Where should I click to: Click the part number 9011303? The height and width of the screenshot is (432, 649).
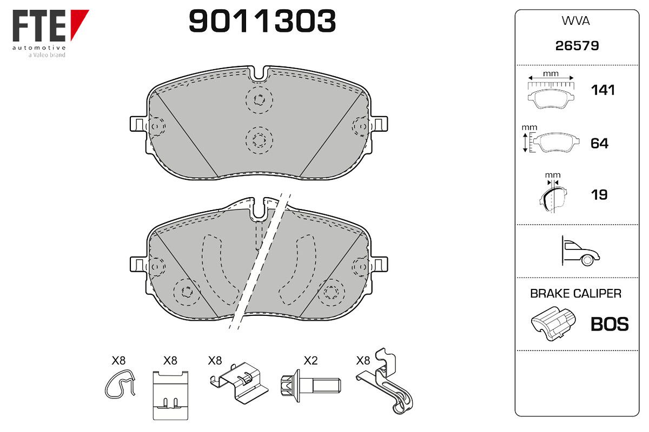(262, 21)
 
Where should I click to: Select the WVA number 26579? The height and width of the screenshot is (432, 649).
(577, 46)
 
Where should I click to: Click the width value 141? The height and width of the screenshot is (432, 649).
(602, 90)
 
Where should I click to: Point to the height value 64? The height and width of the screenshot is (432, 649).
(599, 144)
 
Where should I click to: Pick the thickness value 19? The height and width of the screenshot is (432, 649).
(599, 195)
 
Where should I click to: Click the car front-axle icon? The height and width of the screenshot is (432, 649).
(580, 251)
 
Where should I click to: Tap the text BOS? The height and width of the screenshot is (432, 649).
(610, 325)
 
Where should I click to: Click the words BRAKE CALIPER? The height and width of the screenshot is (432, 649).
(575, 294)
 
